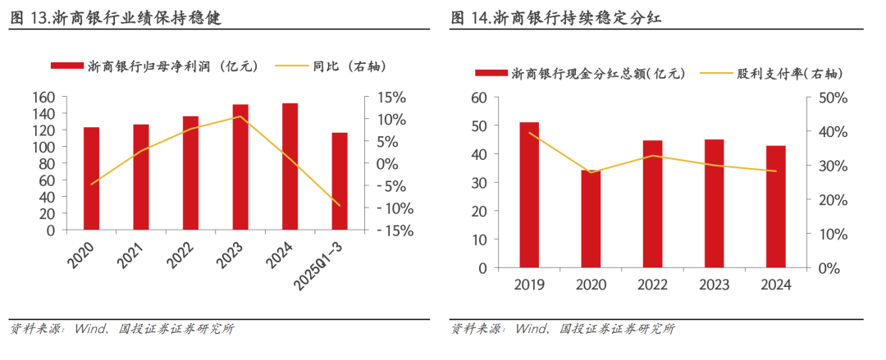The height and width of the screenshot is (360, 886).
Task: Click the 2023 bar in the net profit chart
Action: (240, 167)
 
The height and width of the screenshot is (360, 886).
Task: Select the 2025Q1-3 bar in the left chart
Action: (340, 181)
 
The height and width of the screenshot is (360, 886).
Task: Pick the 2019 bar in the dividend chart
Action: (529, 195)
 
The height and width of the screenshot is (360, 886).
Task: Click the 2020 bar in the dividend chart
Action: (591, 219)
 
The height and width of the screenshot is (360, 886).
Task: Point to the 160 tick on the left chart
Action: (43, 97)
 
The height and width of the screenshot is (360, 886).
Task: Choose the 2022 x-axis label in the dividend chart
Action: (652, 285)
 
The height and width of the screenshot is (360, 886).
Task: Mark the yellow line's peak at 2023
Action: (240, 116)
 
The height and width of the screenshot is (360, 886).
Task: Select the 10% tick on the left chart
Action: (390, 119)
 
